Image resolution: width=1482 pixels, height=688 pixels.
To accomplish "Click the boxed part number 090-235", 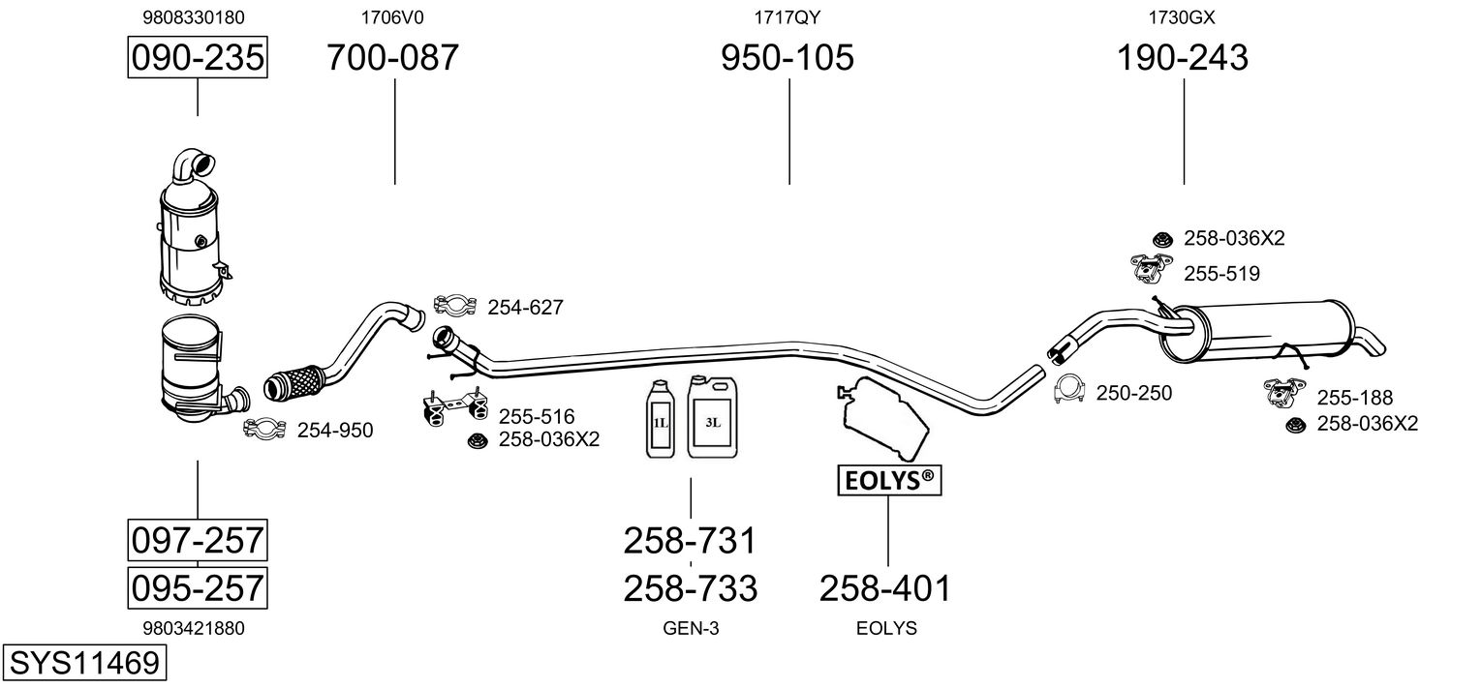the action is coord(198,57).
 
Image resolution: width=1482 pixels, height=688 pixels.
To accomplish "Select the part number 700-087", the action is coord(392,57).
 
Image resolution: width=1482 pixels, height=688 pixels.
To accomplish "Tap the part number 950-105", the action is coord(787,57).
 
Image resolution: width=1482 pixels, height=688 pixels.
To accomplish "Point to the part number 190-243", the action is coord(1183,57).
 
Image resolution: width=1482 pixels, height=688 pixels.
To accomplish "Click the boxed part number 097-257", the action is coord(198,541).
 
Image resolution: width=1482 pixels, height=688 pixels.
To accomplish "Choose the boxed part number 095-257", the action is coord(198,588).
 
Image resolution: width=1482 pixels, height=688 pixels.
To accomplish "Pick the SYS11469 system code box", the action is coord(84,663).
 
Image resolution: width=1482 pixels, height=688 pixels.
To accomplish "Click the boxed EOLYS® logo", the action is coord(889,481).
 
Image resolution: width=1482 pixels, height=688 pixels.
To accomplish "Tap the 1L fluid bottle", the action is coord(661,419).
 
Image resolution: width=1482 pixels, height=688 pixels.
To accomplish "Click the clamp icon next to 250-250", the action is coord(1069,389).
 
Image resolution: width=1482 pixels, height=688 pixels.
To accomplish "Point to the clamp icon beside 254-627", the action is coord(455,305).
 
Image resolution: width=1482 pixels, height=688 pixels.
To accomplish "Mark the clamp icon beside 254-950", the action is coord(264,429).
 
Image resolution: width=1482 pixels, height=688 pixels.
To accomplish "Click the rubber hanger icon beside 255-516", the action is coord(455,406).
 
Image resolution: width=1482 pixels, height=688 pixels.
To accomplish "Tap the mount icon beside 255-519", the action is coord(1151,269).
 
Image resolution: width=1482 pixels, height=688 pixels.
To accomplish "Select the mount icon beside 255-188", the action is coord(1284,392).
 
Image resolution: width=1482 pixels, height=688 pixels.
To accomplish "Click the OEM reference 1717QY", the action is coord(787,17).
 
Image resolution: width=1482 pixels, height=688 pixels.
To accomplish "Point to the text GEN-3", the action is coord(691,628).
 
